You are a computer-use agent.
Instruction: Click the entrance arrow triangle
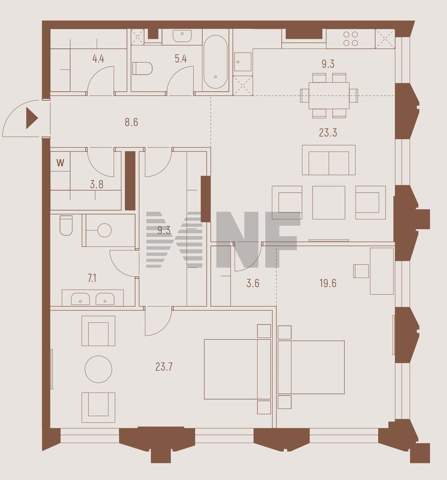[31, 118]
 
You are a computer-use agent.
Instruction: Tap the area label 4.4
[98, 59]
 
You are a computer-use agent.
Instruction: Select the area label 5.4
[181, 59]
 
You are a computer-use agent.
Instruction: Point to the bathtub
[215, 62]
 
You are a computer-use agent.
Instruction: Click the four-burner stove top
[351, 39]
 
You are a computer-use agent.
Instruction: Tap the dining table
[329, 96]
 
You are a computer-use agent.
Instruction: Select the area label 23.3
[328, 133]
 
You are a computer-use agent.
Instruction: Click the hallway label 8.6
[131, 122]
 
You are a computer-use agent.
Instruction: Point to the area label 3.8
[97, 185]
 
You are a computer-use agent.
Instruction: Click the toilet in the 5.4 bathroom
[142, 68]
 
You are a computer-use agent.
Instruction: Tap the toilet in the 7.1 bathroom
[66, 225]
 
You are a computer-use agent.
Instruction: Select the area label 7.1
[92, 278]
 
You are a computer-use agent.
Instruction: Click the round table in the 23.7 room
[98, 369]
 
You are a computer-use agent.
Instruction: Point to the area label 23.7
[164, 367]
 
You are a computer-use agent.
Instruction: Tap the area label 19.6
[328, 283]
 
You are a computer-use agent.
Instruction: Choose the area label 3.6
[253, 283]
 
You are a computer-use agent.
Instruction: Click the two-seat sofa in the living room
[329, 160]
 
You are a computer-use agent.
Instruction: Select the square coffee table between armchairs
[329, 203]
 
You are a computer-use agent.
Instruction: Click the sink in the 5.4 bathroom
[182, 36]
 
